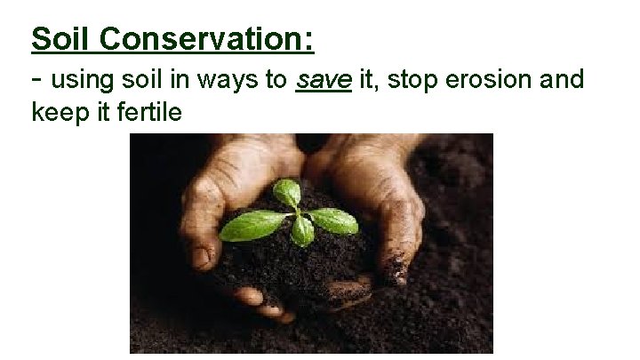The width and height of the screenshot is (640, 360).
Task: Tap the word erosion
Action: pos(495,81)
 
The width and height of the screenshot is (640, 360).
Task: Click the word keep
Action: pos(55,114)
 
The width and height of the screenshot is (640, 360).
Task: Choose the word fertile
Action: pos(150,113)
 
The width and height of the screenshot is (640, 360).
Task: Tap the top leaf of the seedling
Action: pos(286,192)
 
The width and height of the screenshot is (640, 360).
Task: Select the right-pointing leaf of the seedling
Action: pos(334,220)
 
